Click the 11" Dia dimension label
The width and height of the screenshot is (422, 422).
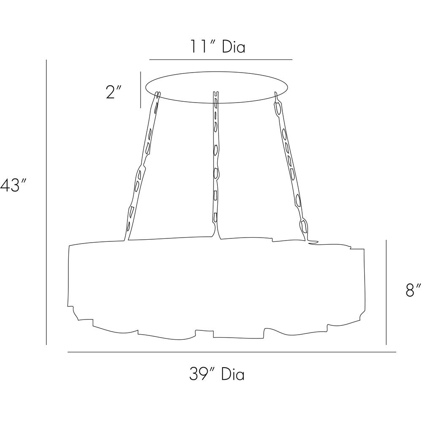218,47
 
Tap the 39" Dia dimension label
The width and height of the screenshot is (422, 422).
216,374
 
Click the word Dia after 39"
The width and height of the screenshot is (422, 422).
233,374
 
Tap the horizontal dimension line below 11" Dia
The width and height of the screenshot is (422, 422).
221,60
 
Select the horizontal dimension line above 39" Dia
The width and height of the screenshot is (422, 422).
232,352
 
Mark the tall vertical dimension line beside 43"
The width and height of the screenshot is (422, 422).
46,202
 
